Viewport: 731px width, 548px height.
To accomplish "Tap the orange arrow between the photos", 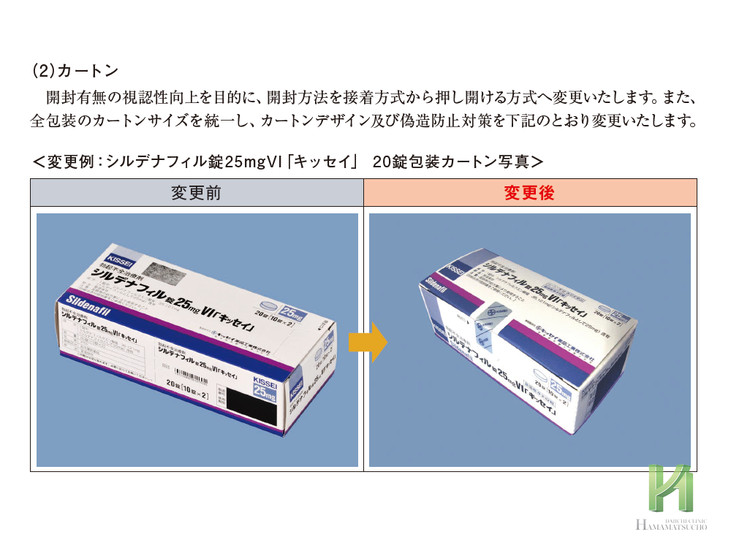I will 368,342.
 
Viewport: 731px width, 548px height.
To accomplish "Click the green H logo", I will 669,488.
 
